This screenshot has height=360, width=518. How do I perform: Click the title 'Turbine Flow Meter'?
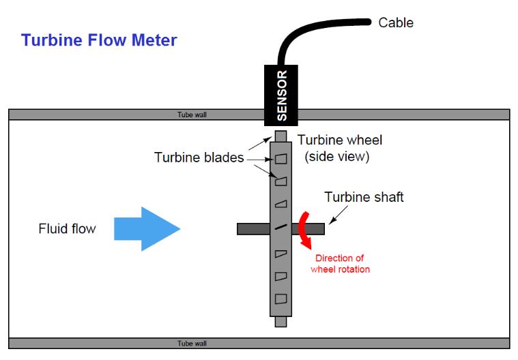pos(99,40)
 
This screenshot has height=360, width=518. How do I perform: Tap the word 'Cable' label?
pos(396,22)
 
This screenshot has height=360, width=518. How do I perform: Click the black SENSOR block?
pos(281,95)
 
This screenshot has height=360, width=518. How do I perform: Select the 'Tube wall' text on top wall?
pos(192,115)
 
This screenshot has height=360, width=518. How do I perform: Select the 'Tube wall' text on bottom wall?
pos(192,343)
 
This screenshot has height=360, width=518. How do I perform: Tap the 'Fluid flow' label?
pos(67,229)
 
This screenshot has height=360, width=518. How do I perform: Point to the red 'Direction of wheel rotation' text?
pos(340,264)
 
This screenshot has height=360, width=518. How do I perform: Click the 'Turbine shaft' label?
pos(364,197)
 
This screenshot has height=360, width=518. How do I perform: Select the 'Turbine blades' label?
pos(199,157)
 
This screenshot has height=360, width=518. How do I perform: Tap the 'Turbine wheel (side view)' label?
pos(340,148)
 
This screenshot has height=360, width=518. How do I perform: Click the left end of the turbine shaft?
pos(241,229)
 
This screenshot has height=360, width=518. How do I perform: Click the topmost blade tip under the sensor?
pos(281,136)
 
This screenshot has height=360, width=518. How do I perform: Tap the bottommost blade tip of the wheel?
pos(281,321)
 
